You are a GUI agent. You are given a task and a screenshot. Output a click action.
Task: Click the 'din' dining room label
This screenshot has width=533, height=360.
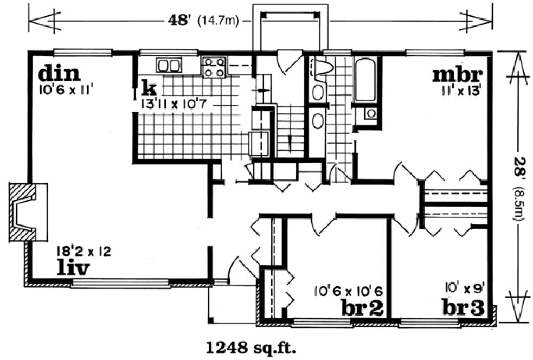click(x=59, y=73)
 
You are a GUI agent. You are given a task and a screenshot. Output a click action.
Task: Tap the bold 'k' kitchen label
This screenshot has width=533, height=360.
click(x=146, y=86)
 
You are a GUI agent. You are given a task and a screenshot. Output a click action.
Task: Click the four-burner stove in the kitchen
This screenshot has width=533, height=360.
click(x=214, y=67)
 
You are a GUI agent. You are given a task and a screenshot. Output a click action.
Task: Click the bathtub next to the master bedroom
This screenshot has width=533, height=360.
click(x=365, y=82)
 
